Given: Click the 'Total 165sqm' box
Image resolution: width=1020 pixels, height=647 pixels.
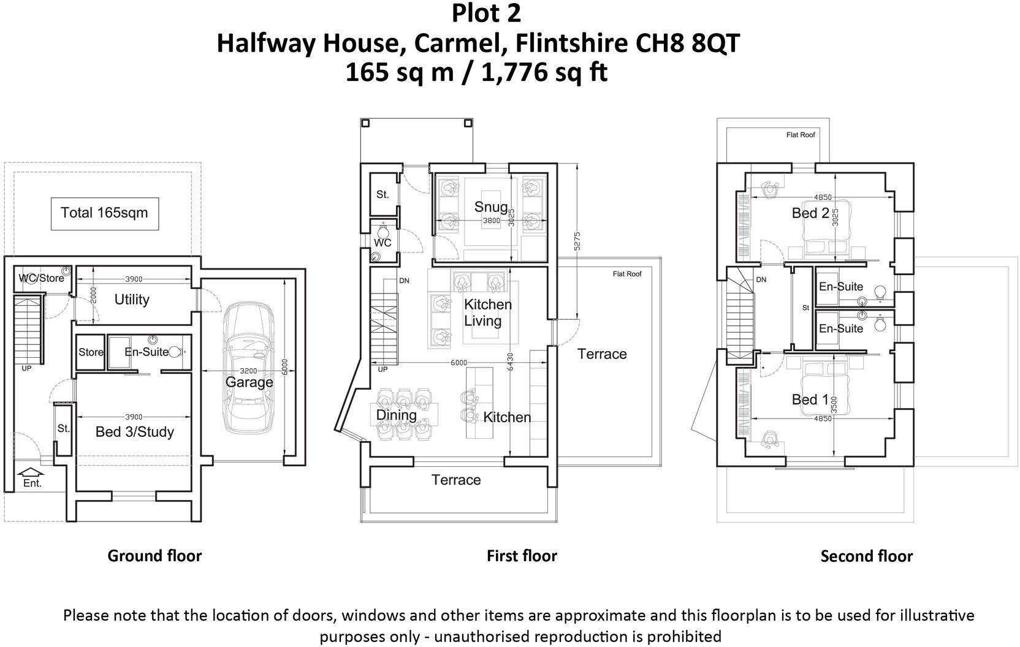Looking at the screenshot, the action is pos(105,213).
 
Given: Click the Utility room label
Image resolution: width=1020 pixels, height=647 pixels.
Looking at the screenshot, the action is pos(132,300).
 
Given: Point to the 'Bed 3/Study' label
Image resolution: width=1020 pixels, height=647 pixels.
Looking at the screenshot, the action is pos(135,432).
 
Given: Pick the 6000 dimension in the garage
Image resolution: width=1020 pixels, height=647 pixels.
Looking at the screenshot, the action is pos(284,368).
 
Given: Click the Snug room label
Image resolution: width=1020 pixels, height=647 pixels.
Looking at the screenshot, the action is pos(491,207).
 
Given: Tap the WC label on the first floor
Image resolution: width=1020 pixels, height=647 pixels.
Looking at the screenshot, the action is pos(382,243).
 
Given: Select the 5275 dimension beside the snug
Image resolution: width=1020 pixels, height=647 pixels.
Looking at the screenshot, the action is pos(577,241).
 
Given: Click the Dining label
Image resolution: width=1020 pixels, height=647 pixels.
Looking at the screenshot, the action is pos(396,415).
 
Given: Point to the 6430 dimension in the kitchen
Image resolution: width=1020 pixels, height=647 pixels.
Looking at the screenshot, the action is pos(510,361).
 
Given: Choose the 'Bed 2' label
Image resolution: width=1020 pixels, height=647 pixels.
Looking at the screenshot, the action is pos(810,213).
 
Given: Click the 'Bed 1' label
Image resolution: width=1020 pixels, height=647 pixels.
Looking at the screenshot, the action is pos(810,399).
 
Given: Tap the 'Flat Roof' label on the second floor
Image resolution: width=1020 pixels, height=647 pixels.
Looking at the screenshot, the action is pos(801,135).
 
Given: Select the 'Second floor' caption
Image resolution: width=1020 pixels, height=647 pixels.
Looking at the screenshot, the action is pos(867,556).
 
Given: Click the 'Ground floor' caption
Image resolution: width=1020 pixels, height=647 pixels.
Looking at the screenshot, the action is pos(154,556).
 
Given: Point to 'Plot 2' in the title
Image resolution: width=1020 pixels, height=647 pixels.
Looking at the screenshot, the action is pos(486,13).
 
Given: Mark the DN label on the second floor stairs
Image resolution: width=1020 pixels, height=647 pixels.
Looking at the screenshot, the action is pos(761,279).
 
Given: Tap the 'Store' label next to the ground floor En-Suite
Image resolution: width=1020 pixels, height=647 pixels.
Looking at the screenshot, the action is pos(91,352).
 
